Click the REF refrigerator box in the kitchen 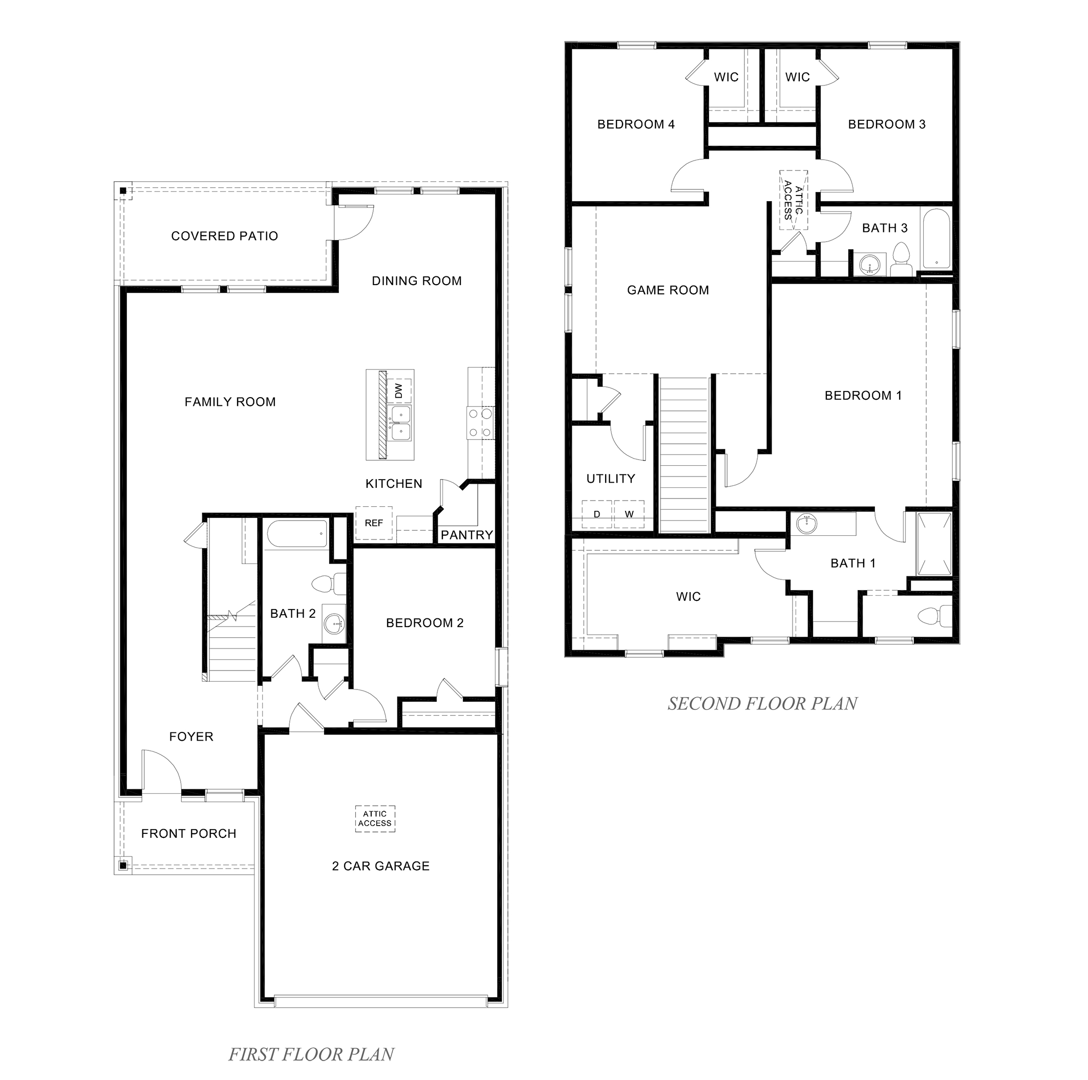pyautogui.click(x=373, y=523)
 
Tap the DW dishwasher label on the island pyautogui.click(x=399, y=391)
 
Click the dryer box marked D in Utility pyautogui.click(x=597, y=513)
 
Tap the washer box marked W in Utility pyautogui.click(x=629, y=513)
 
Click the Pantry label pyautogui.click(x=466, y=534)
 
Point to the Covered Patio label pyautogui.click(x=224, y=236)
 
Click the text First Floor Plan pyautogui.click(x=311, y=1054)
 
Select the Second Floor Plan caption pyautogui.click(x=762, y=703)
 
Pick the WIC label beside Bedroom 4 pyautogui.click(x=726, y=77)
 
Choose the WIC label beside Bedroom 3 pyautogui.click(x=797, y=77)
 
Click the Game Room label pyautogui.click(x=668, y=290)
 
